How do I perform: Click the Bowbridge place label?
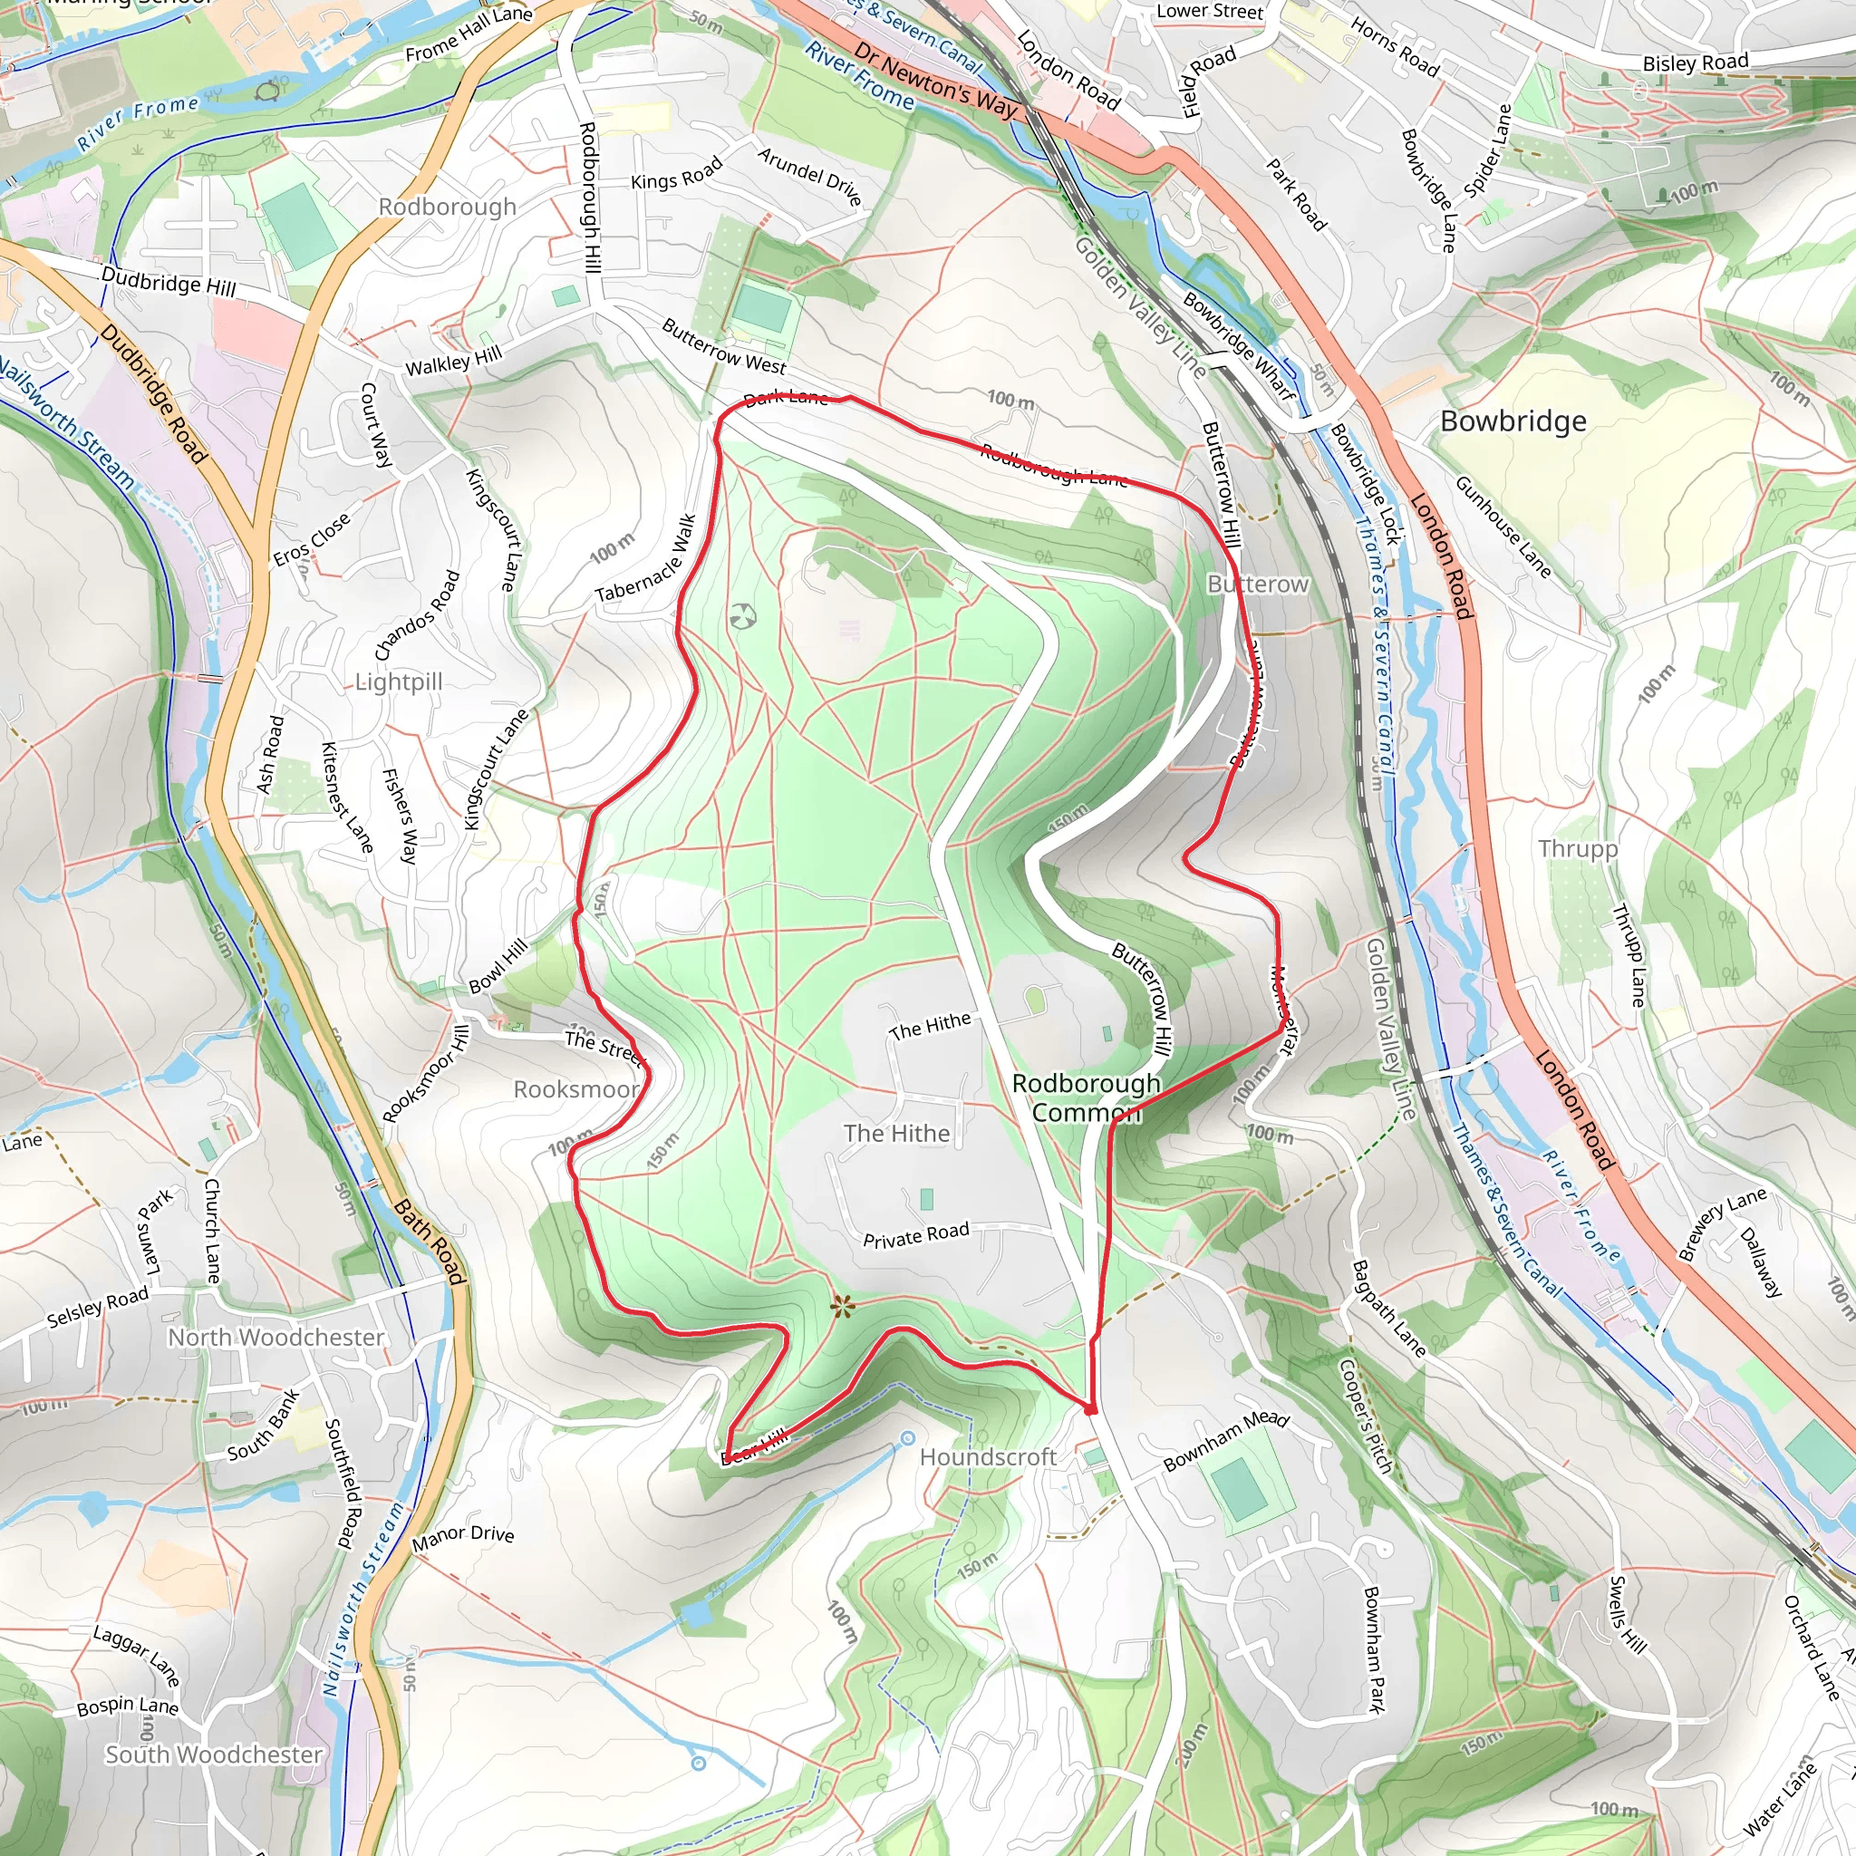coord(1513,421)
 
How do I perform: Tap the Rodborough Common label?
coord(1087,1097)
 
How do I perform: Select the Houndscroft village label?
coord(988,1457)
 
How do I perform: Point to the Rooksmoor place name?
coord(575,1089)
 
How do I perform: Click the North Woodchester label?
coord(275,1338)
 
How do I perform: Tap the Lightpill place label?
coord(399,682)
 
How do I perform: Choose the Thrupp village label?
coord(1578,848)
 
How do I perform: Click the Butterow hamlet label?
coord(1258,585)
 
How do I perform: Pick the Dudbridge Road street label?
coord(153,394)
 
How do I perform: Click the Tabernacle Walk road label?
coord(645,560)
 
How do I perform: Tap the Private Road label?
coord(915,1235)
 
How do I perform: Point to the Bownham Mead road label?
coord(1226,1440)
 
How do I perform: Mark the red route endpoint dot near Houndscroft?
coord(1090,1409)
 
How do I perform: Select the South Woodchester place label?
coord(213,1754)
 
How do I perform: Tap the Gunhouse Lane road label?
coord(1503,527)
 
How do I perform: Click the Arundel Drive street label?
coord(809,176)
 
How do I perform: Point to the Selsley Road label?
coord(98,1307)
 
